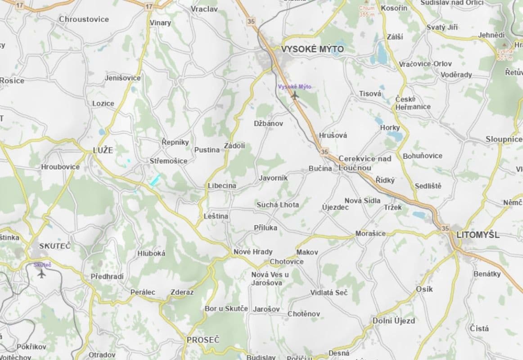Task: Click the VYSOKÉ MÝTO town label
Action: click(x=312, y=49)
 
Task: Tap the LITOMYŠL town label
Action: click(x=478, y=235)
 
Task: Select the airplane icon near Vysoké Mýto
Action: click(x=295, y=95)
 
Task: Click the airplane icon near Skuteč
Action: click(x=42, y=273)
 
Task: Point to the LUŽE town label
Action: click(x=103, y=150)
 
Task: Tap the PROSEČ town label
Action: click(x=203, y=340)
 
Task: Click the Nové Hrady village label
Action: click(x=253, y=252)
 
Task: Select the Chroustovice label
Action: click(x=84, y=19)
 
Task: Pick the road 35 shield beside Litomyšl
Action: click(x=445, y=228)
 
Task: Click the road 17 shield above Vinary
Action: click(x=149, y=6)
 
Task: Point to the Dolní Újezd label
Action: click(x=393, y=321)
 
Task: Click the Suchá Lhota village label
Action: click(x=277, y=205)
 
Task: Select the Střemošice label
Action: click(x=168, y=161)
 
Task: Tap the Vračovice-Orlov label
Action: click(x=425, y=64)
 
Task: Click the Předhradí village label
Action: click(x=107, y=276)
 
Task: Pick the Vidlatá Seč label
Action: click(x=329, y=292)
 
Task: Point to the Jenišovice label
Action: click(x=122, y=78)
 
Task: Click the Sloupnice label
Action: click(x=504, y=139)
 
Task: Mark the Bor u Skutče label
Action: click(x=226, y=309)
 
